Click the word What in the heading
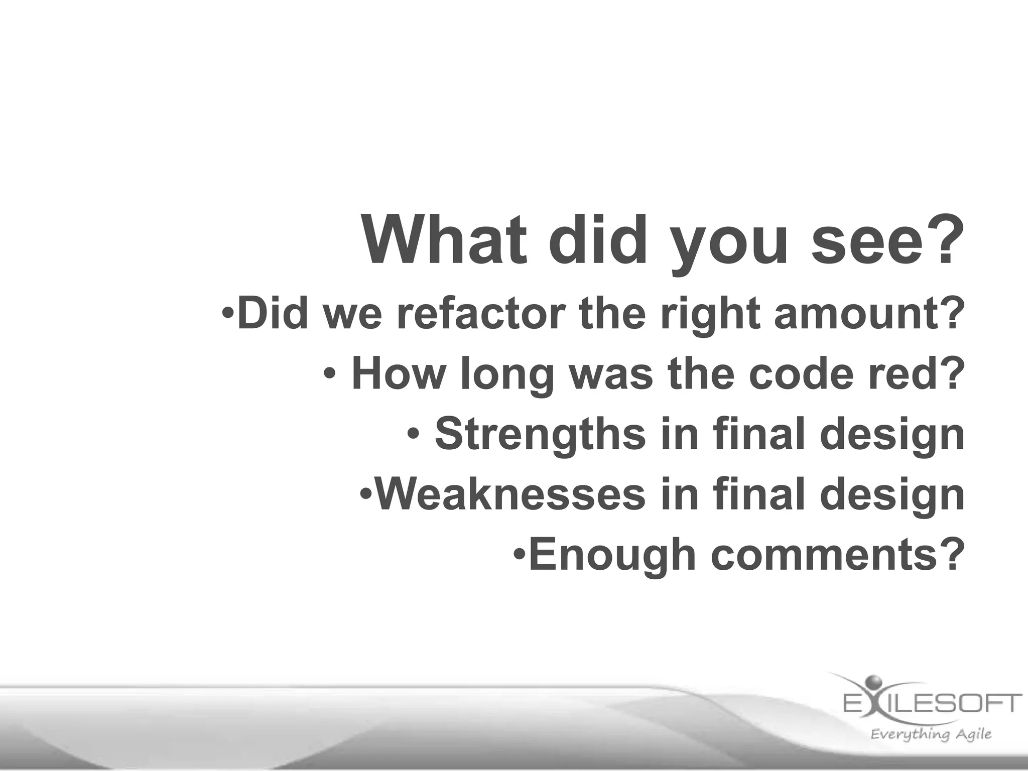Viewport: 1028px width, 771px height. (x=445, y=240)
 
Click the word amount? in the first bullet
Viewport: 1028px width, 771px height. (x=869, y=314)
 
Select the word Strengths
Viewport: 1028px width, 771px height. (x=540, y=434)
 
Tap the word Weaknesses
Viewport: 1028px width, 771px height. (x=510, y=494)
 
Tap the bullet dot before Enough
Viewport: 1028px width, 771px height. (x=521, y=554)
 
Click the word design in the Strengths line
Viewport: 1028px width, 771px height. (x=892, y=435)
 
